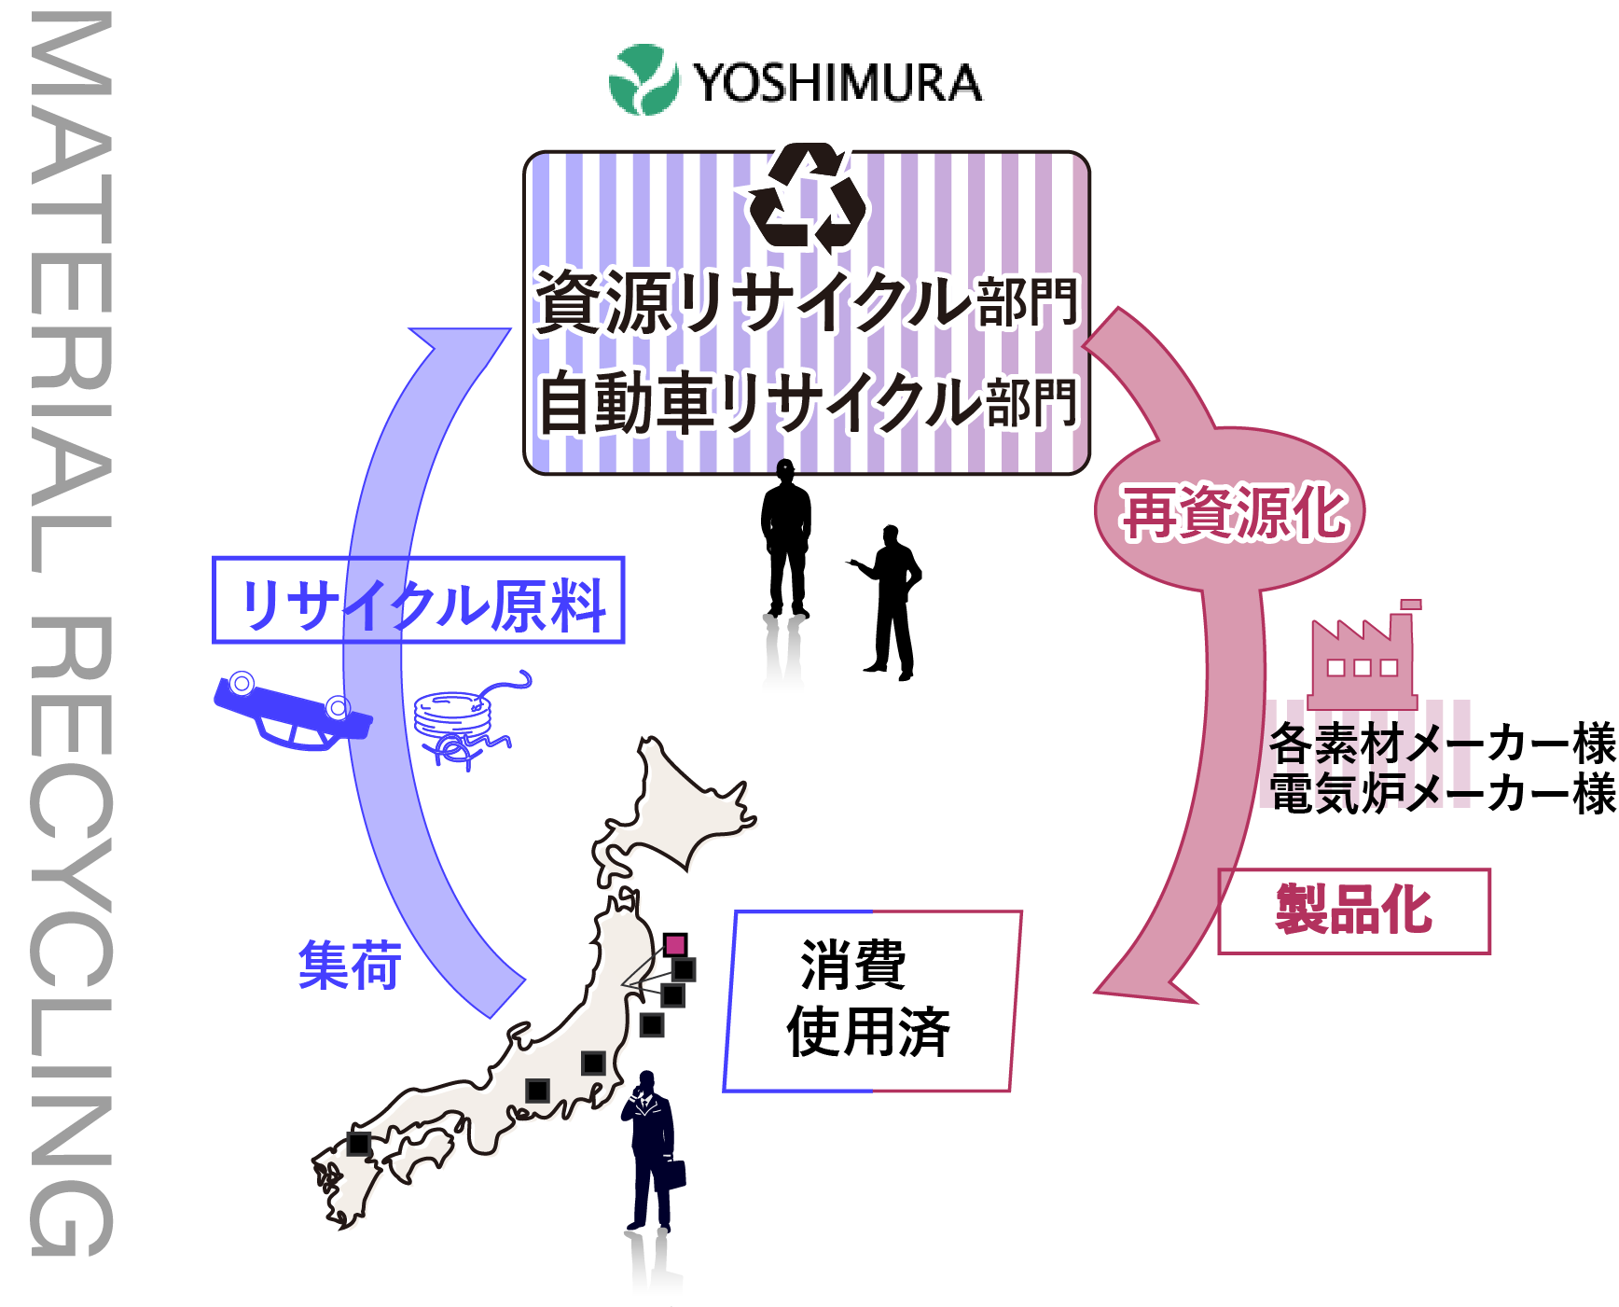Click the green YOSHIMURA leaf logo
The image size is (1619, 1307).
(643, 80)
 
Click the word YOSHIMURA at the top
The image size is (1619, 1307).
(837, 83)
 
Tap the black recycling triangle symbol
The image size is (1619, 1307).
(809, 198)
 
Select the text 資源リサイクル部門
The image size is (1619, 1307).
(807, 301)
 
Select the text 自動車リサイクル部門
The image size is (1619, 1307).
(809, 402)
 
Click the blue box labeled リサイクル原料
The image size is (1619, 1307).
(419, 601)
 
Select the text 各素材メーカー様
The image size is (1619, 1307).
(1442, 744)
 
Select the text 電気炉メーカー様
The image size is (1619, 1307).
(1442, 794)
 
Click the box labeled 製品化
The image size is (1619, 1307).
(1354, 911)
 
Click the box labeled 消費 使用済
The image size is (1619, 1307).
(871, 1000)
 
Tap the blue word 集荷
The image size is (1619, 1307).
(350, 965)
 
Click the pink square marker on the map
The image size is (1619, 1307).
(675, 944)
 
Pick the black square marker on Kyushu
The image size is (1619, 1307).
(359, 1143)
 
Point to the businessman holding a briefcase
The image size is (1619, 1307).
(654, 1152)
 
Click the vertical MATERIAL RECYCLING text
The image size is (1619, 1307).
(71, 634)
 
